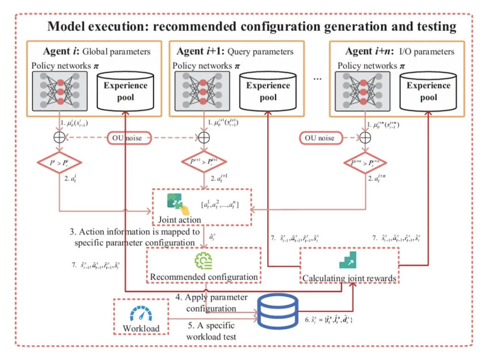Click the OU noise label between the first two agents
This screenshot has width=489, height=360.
point(131,137)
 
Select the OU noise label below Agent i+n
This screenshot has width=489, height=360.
point(320,138)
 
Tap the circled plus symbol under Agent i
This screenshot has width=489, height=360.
point(59,137)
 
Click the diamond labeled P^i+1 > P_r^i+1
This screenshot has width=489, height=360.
point(203,162)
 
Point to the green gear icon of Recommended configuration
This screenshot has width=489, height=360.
point(203,261)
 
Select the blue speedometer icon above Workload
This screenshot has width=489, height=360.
point(141,314)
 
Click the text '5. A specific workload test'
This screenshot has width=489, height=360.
point(211,330)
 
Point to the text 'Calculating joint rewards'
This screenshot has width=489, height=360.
point(350,278)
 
